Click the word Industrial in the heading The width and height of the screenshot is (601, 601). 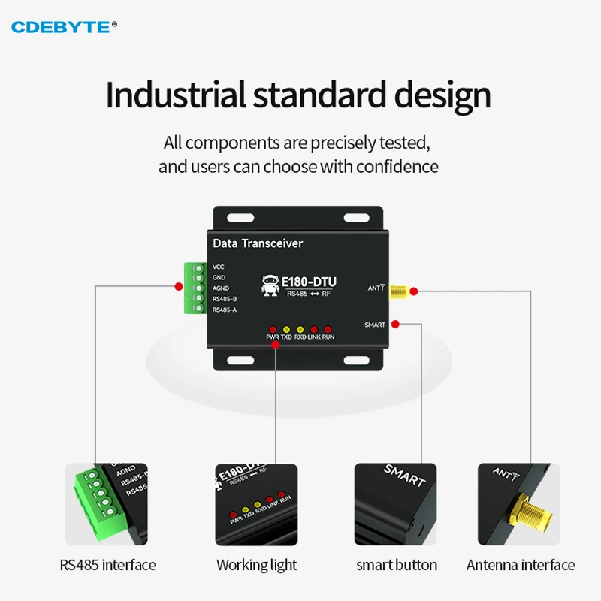pos(175,95)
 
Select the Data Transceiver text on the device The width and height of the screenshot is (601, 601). pos(258,243)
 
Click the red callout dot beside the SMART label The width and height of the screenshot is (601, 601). pos(396,325)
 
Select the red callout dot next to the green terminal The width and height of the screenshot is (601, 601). pos(178,286)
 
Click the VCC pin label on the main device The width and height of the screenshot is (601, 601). pos(219,267)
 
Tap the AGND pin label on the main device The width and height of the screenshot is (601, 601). pos(221,288)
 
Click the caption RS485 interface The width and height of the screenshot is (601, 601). pos(107,565)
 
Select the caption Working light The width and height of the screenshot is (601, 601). pos(257,565)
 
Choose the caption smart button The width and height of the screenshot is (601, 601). pos(396,565)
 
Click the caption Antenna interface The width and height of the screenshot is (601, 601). pos(521,565)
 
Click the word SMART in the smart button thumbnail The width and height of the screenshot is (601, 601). pos(405,476)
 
